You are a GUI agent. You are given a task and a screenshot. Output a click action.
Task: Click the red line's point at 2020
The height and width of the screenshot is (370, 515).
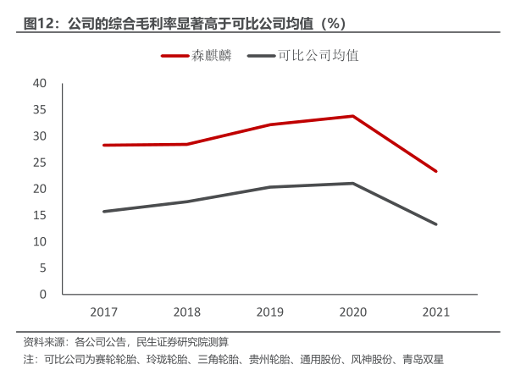pos(352,116)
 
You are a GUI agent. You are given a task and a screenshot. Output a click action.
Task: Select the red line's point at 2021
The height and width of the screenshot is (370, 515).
pos(435,171)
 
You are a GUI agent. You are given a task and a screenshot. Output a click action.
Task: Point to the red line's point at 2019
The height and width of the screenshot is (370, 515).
pos(269,124)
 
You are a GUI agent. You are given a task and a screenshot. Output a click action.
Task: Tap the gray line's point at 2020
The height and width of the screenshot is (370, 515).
pos(352,183)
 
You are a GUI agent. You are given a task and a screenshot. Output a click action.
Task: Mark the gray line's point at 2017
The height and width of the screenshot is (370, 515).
pos(103,211)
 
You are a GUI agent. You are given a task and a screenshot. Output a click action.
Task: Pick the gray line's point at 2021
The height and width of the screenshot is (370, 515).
pos(435,224)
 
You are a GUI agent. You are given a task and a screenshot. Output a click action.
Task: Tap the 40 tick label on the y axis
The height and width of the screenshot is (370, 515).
pos(39,83)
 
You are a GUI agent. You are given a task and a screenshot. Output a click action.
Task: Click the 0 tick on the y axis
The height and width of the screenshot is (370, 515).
pos(42,295)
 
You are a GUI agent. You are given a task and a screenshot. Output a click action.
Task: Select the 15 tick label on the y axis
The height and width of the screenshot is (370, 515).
pos(39,215)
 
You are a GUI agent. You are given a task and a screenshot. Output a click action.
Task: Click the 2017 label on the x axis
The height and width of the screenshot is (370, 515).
pos(103,312)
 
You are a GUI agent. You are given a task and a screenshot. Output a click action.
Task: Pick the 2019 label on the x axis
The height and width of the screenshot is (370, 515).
pos(269,312)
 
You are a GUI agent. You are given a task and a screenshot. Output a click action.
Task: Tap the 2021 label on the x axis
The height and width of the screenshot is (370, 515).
pos(435,312)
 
